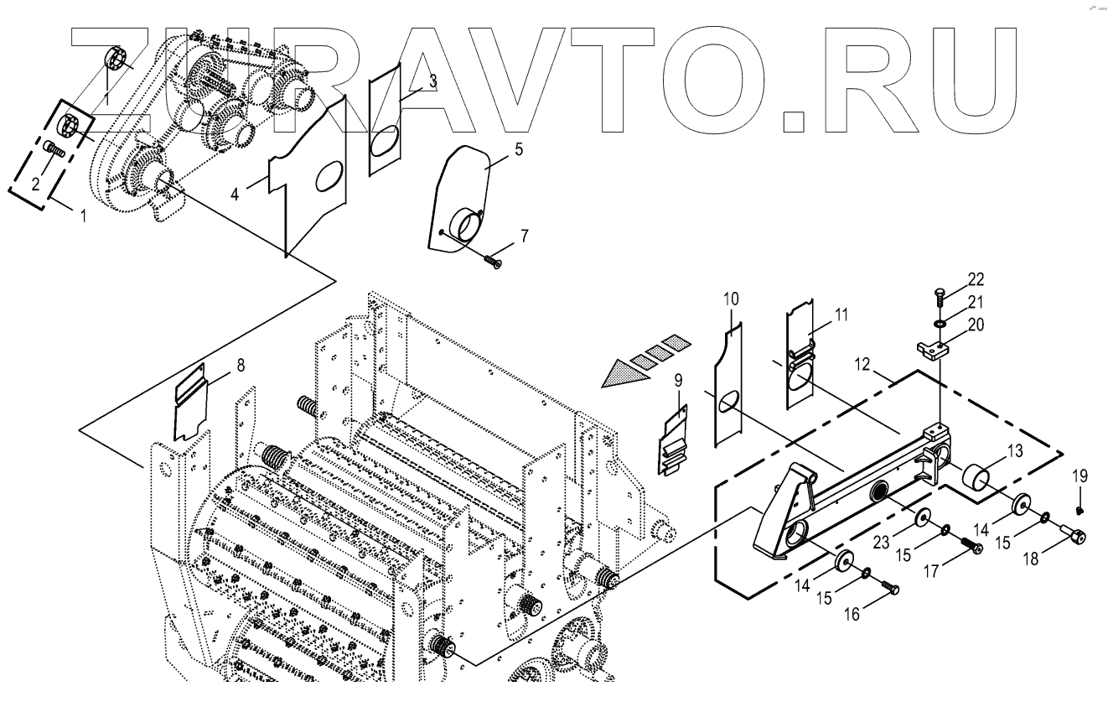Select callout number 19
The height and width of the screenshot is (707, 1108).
point(1080,476)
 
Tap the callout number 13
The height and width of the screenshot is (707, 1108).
point(1014,451)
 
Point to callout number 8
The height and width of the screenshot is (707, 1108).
point(241,365)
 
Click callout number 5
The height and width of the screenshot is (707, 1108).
point(518,151)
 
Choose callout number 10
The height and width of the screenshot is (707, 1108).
point(731,298)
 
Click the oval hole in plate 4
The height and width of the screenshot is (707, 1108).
point(329,175)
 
